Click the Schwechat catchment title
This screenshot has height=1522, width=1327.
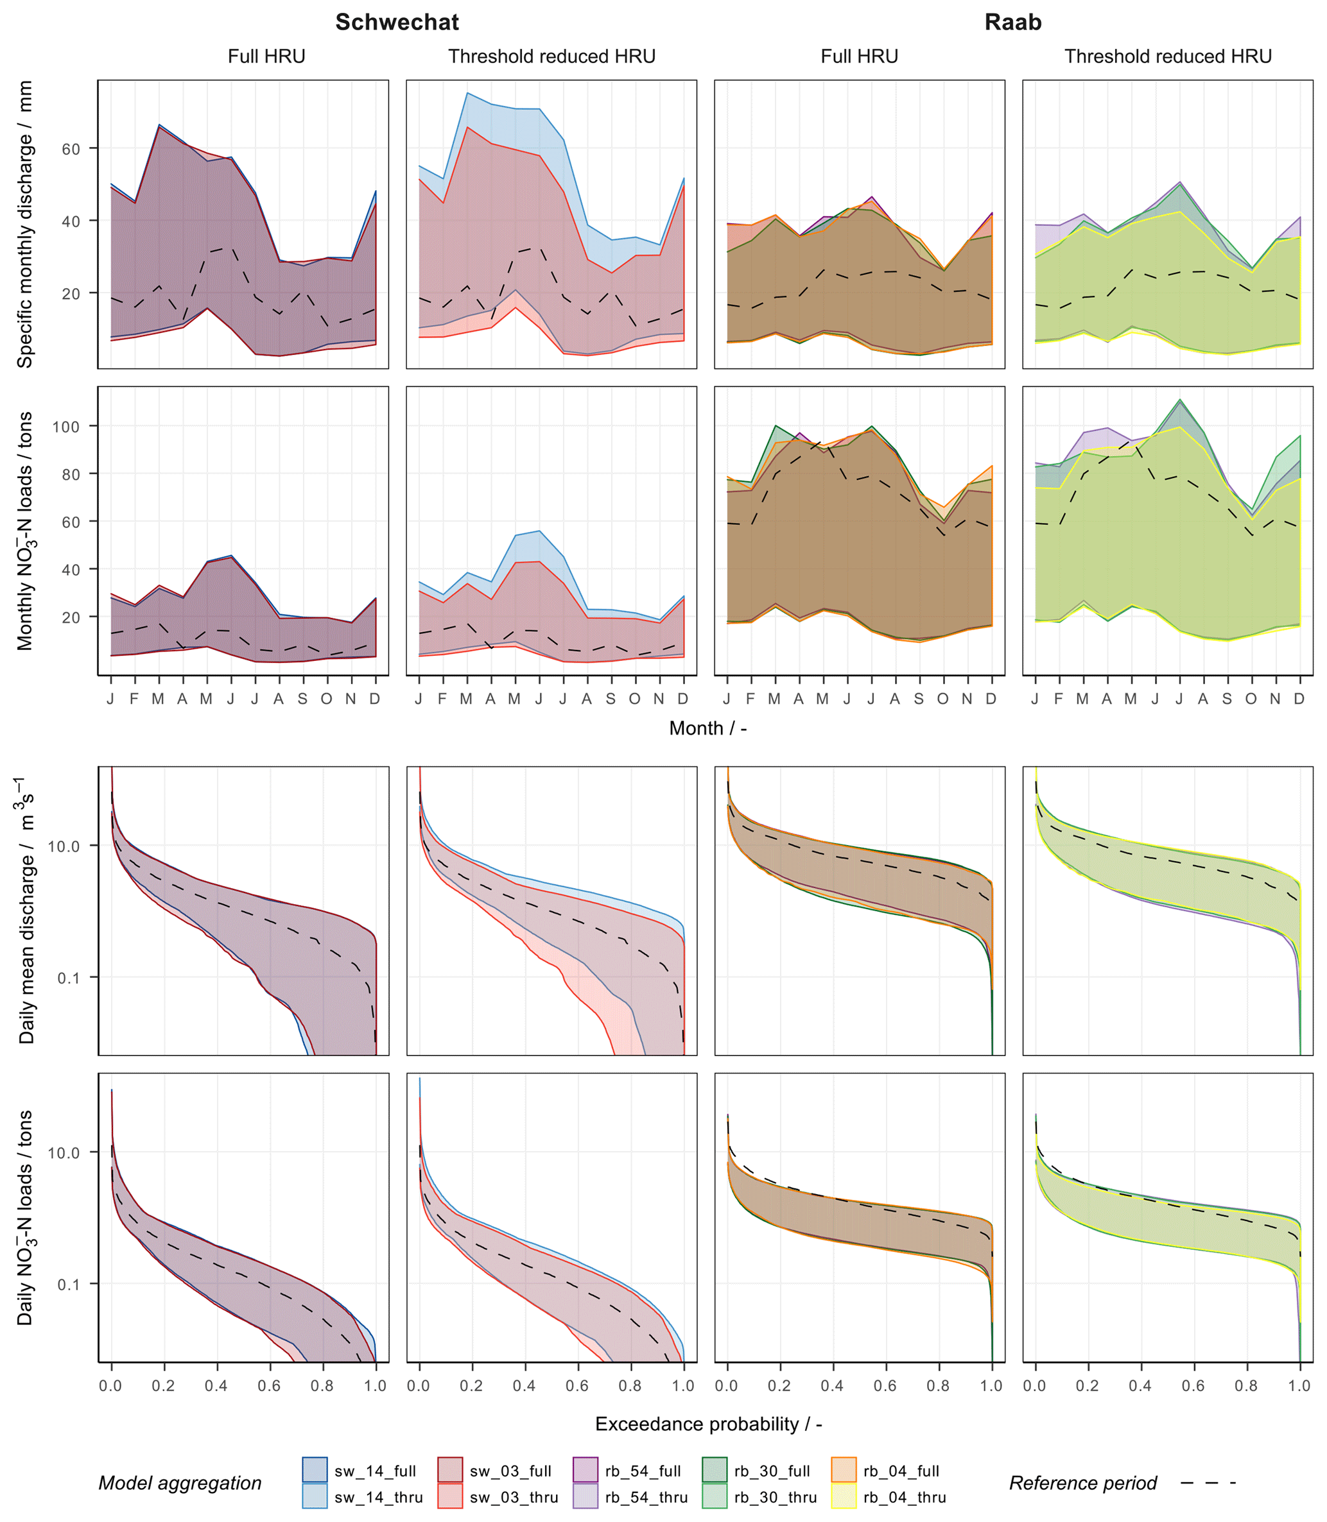tap(397, 22)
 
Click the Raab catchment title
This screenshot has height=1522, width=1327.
tap(1012, 22)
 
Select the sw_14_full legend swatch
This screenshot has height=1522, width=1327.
tap(315, 1469)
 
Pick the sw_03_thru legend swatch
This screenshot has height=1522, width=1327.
tap(449, 1496)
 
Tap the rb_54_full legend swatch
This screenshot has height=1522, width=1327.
tap(585, 1469)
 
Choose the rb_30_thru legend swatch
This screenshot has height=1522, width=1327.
tap(715, 1496)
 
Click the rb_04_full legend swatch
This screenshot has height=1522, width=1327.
tap(844, 1469)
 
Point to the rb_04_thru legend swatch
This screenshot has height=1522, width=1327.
tap(844, 1496)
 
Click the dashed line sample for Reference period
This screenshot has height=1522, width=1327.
tap(1208, 1483)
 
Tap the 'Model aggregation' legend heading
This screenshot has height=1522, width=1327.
tap(180, 1483)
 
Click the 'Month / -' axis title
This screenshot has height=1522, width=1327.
tap(708, 728)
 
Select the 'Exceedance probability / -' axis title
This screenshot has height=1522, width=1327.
tap(709, 1424)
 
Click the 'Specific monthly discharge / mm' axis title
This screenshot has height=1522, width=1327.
tap(25, 225)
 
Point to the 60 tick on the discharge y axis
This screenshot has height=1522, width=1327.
tap(71, 149)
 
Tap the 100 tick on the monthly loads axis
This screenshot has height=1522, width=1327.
tap(66, 427)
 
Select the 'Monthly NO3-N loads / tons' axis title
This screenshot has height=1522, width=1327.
tap(25, 531)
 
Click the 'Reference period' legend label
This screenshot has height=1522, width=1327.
tap(1082, 1483)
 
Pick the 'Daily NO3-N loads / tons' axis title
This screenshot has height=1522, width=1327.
tap(25, 1218)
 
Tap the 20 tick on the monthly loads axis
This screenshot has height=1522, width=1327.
tap(71, 617)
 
